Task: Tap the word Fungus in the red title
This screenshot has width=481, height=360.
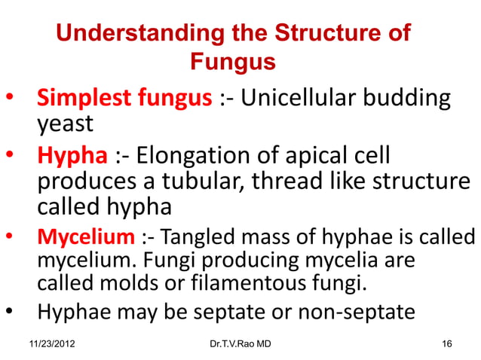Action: tap(232, 62)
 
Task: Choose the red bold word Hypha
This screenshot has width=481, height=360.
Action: tap(72, 157)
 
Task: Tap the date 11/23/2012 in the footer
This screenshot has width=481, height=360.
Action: tap(54, 344)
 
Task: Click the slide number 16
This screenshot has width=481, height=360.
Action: tap(446, 344)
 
